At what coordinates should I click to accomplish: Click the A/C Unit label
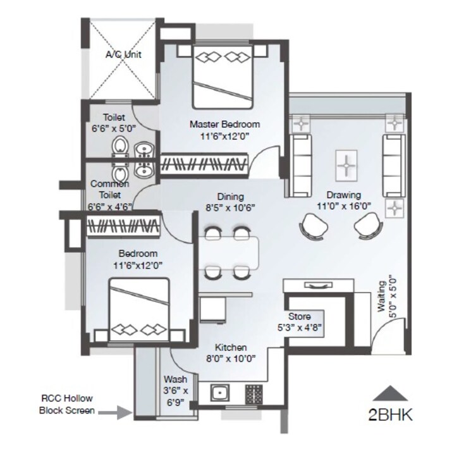tap(123, 55)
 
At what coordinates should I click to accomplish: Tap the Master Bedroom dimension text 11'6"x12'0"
tap(225, 135)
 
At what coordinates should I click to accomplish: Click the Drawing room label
tap(344, 195)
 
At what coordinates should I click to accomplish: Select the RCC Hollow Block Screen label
tap(67, 405)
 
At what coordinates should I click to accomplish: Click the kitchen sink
tap(219, 393)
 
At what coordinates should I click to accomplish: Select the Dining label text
tap(229, 197)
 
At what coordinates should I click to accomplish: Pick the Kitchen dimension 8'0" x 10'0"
tap(230, 359)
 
